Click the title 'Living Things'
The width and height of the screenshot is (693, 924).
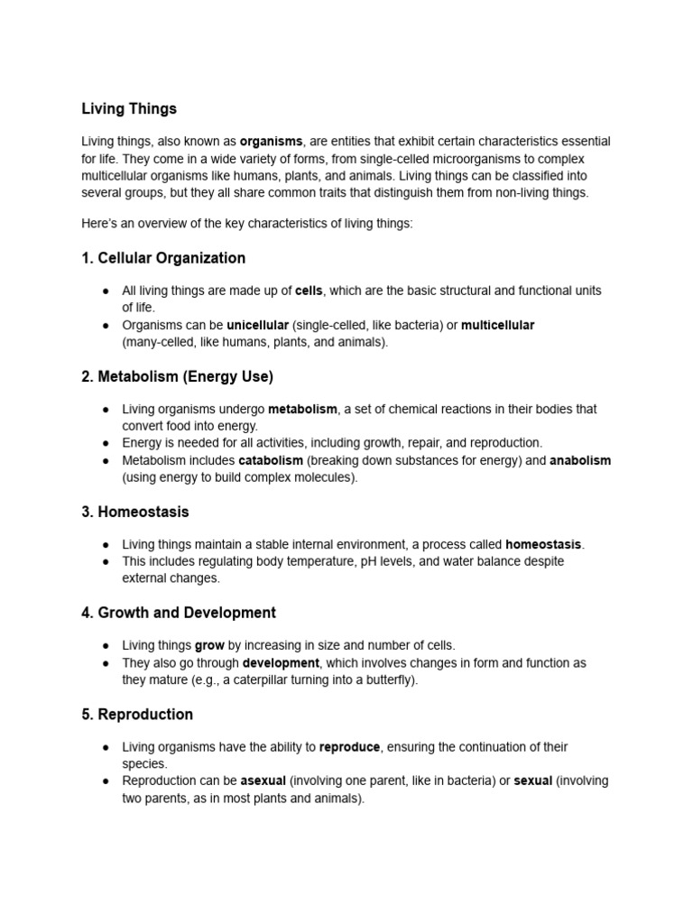point(129,109)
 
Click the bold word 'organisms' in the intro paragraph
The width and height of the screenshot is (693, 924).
point(271,142)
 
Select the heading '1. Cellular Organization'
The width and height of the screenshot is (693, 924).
point(163,258)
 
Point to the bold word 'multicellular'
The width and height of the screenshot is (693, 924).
point(498,325)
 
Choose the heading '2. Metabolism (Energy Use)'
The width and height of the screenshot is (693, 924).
point(177,376)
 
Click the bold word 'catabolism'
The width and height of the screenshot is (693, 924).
point(271,460)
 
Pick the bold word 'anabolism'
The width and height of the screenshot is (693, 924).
point(580,460)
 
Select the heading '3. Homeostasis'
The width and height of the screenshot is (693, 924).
point(135,512)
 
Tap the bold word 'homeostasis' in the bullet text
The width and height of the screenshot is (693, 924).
point(543,544)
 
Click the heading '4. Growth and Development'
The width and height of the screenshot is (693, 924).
point(179,613)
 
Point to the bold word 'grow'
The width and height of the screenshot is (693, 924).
point(209,645)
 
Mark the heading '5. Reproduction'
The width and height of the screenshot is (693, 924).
point(137,715)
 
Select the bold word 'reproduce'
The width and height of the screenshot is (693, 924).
point(350,747)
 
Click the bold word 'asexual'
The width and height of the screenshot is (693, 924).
point(263,781)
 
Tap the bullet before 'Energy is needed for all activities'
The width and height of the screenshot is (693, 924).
point(106,443)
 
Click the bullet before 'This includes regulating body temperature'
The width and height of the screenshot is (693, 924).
point(106,561)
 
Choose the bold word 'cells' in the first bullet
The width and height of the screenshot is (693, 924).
point(309,291)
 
